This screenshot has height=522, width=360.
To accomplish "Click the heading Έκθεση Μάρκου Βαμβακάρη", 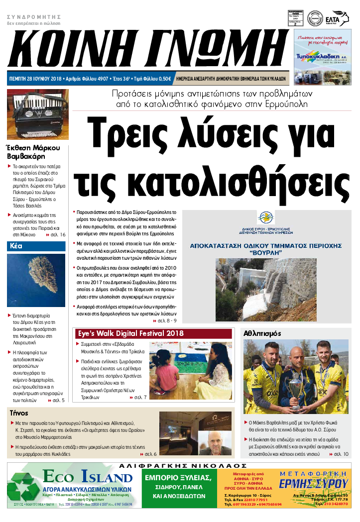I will pyautogui.click(x=33, y=153).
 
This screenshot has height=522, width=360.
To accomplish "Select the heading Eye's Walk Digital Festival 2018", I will pyautogui.click(x=130, y=333).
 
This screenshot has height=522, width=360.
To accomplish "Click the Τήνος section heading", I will pyautogui.click(x=19, y=413).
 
